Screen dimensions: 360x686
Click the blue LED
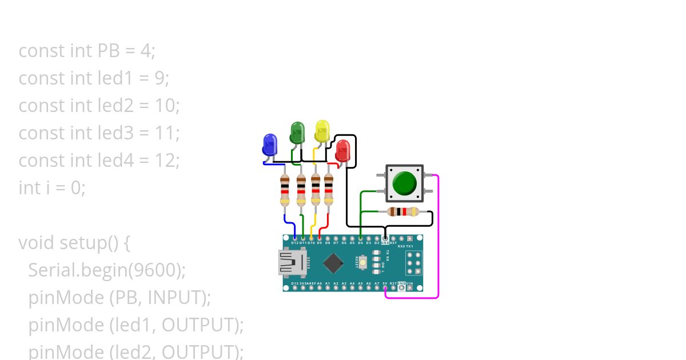(269, 144)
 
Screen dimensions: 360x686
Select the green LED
(297, 132)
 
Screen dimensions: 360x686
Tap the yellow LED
(322, 131)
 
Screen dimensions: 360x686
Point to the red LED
(342, 150)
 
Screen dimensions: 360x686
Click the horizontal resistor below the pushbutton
(402, 212)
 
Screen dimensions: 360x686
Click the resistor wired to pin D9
(328, 190)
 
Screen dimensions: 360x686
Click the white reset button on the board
(363, 262)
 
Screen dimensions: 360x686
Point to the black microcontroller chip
(333, 263)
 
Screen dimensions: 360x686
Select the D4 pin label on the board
(360, 243)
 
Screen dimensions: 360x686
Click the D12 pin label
(294, 243)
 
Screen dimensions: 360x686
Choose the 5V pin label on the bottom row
(385, 283)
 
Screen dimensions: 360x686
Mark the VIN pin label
(410, 283)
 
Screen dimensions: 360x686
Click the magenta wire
(438, 240)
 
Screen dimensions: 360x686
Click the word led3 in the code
(115, 133)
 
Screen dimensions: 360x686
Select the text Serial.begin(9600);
(107, 270)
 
